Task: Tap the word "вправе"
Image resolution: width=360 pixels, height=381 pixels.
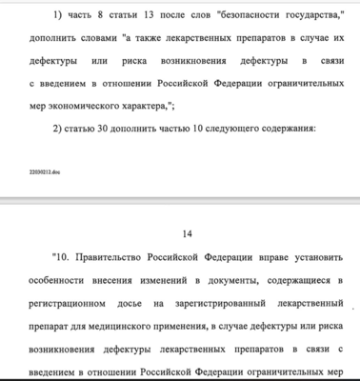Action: point(259,256)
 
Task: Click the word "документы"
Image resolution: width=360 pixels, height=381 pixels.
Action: point(225,279)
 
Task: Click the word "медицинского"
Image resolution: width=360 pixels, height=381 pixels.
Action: point(116,326)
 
